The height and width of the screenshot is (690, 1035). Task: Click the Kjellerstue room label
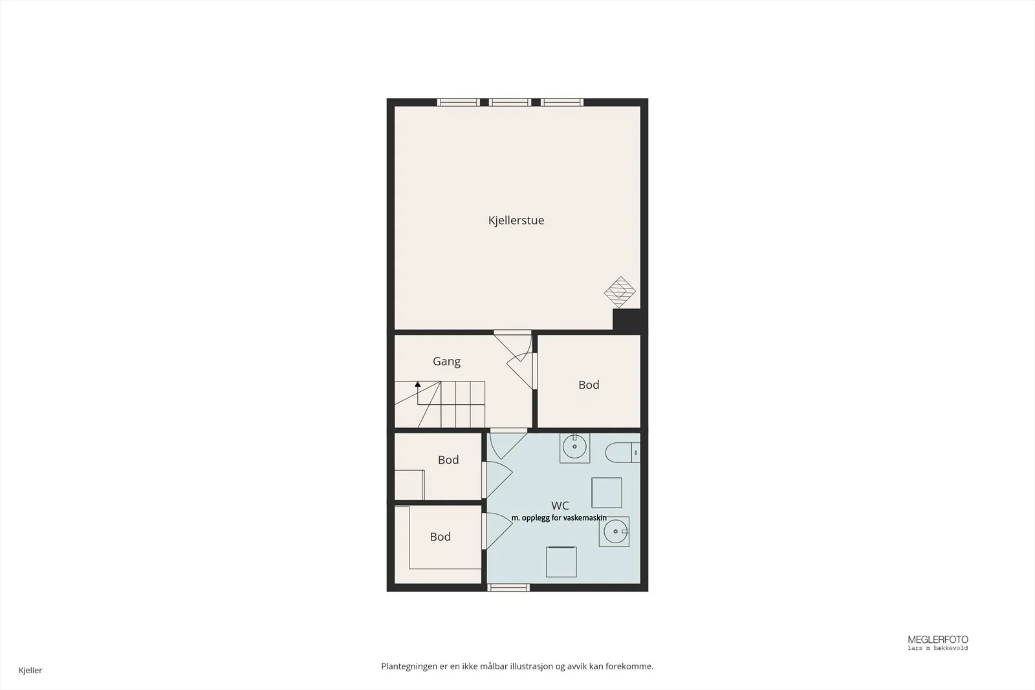[x=516, y=221]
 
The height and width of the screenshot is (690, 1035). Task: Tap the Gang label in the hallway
[x=446, y=361]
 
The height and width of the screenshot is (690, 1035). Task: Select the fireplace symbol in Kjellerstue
[x=620, y=292]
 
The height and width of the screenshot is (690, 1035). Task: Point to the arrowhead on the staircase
[x=418, y=383]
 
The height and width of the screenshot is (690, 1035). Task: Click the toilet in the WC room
[x=622, y=453]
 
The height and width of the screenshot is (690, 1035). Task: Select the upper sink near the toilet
[x=575, y=447]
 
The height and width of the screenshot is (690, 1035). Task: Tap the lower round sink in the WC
[x=615, y=532]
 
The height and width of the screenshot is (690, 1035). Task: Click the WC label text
[x=560, y=506]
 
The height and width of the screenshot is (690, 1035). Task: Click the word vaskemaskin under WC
[x=587, y=518]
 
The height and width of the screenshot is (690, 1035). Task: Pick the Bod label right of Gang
[x=589, y=385]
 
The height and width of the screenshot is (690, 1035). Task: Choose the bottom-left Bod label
[x=440, y=537]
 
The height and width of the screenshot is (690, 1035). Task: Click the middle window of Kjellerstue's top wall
[x=510, y=103]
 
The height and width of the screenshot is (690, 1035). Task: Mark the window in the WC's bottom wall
[x=508, y=587]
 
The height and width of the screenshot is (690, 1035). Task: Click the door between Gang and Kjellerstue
[x=513, y=347]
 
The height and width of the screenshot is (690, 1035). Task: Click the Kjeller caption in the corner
[x=30, y=670]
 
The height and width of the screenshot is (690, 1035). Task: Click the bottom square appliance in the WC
[x=561, y=561]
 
